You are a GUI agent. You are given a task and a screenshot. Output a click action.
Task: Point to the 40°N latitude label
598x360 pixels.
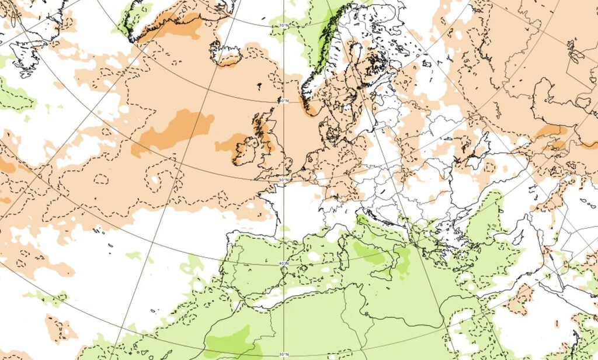click(283, 264)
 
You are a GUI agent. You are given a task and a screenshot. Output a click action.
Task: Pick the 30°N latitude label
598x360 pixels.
click(283, 355)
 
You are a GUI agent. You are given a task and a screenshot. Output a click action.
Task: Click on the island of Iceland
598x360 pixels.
click(227, 54)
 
